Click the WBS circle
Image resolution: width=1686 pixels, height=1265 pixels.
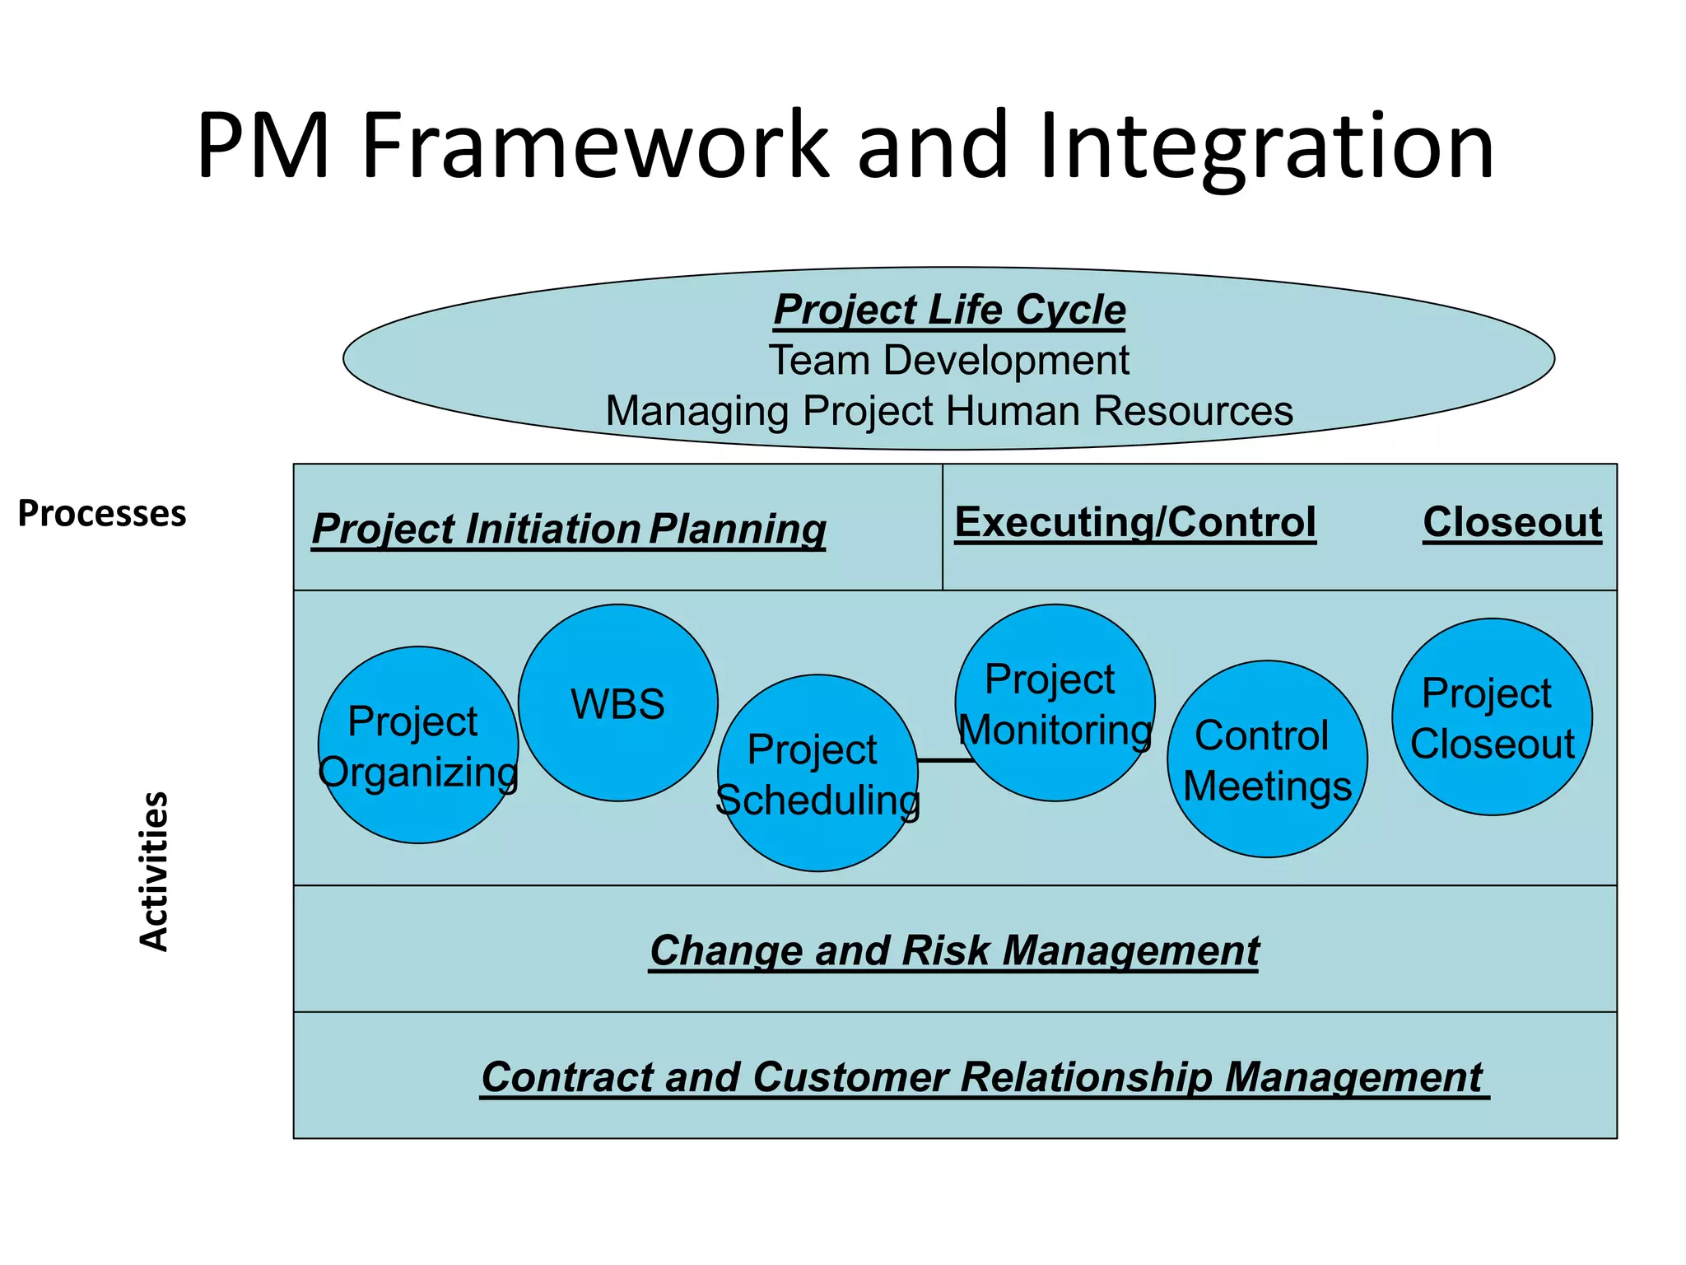click(x=617, y=703)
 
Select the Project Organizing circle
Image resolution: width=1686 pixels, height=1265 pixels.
click(x=418, y=745)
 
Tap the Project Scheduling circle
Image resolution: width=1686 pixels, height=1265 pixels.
click(x=817, y=773)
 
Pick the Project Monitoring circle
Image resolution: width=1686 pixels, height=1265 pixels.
click(x=1055, y=703)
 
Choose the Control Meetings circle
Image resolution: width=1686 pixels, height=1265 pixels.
click(x=1267, y=759)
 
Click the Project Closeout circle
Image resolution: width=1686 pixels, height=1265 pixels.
click(x=1492, y=717)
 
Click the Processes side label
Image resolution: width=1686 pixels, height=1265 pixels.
click(x=102, y=513)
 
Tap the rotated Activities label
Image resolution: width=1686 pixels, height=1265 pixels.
click(x=154, y=871)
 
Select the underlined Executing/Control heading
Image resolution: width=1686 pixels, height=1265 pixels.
click(x=1135, y=522)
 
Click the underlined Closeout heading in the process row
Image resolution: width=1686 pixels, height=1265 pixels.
click(x=1512, y=522)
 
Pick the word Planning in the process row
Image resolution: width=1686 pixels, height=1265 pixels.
click(x=738, y=529)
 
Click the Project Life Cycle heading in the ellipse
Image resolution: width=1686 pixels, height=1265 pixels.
click(x=949, y=310)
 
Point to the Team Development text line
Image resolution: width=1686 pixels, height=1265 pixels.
click(x=949, y=361)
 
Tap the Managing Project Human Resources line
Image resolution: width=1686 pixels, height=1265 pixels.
click(x=949, y=411)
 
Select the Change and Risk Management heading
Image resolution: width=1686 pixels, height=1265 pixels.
click(x=954, y=950)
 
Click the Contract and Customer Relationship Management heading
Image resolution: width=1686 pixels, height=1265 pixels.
click(x=982, y=1077)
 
